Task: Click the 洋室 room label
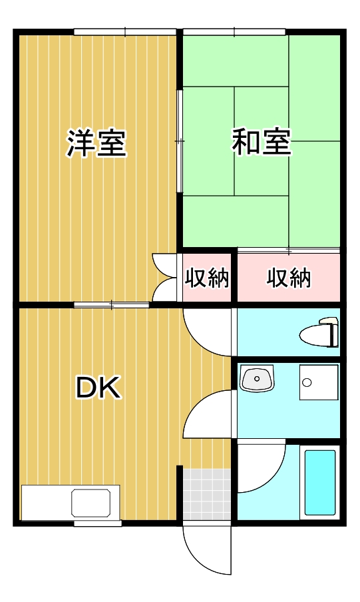click(x=96, y=144)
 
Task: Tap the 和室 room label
click(x=261, y=142)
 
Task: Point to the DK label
click(x=98, y=388)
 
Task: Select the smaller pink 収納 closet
click(x=207, y=277)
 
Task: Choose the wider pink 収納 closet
click(x=289, y=277)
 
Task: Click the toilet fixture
click(x=319, y=332)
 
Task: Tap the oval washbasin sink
click(x=257, y=378)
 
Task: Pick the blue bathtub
click(x=320, y=483)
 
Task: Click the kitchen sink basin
click(x=91, y=503)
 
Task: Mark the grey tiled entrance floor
click(x=207, y=495)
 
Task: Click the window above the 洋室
click(x=125, y=32)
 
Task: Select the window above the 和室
click(x=234, y=32)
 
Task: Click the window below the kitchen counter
click(x=97, y=523)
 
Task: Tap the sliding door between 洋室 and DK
click(x=111, y=305)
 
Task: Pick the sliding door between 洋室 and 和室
click(x=179, y=141)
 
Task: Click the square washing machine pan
click(x=319, y=382)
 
